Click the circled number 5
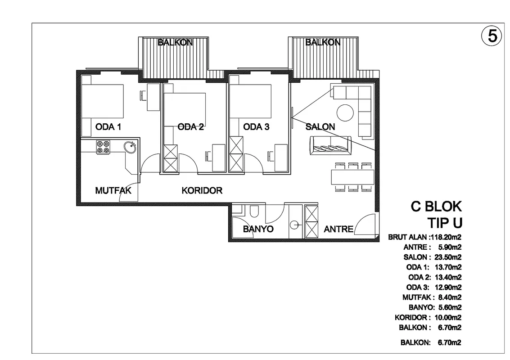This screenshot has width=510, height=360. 492,36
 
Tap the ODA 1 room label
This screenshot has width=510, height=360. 108,127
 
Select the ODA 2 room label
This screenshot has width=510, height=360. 190,127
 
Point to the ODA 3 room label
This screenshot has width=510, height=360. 256,127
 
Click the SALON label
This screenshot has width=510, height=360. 320,127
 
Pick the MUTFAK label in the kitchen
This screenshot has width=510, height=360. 113,190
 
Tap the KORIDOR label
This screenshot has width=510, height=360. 202,190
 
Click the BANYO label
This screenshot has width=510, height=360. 258,229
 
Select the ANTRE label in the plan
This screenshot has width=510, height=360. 338,229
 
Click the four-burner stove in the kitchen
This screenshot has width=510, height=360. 103,147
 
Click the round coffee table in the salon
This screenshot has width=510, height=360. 345,112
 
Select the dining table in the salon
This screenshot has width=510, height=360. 352,177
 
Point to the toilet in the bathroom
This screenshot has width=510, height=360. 254,211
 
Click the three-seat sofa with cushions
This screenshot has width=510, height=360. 330,145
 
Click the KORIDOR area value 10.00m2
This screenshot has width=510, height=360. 448,317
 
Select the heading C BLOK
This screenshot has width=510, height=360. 436,207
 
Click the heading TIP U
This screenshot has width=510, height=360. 445,223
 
